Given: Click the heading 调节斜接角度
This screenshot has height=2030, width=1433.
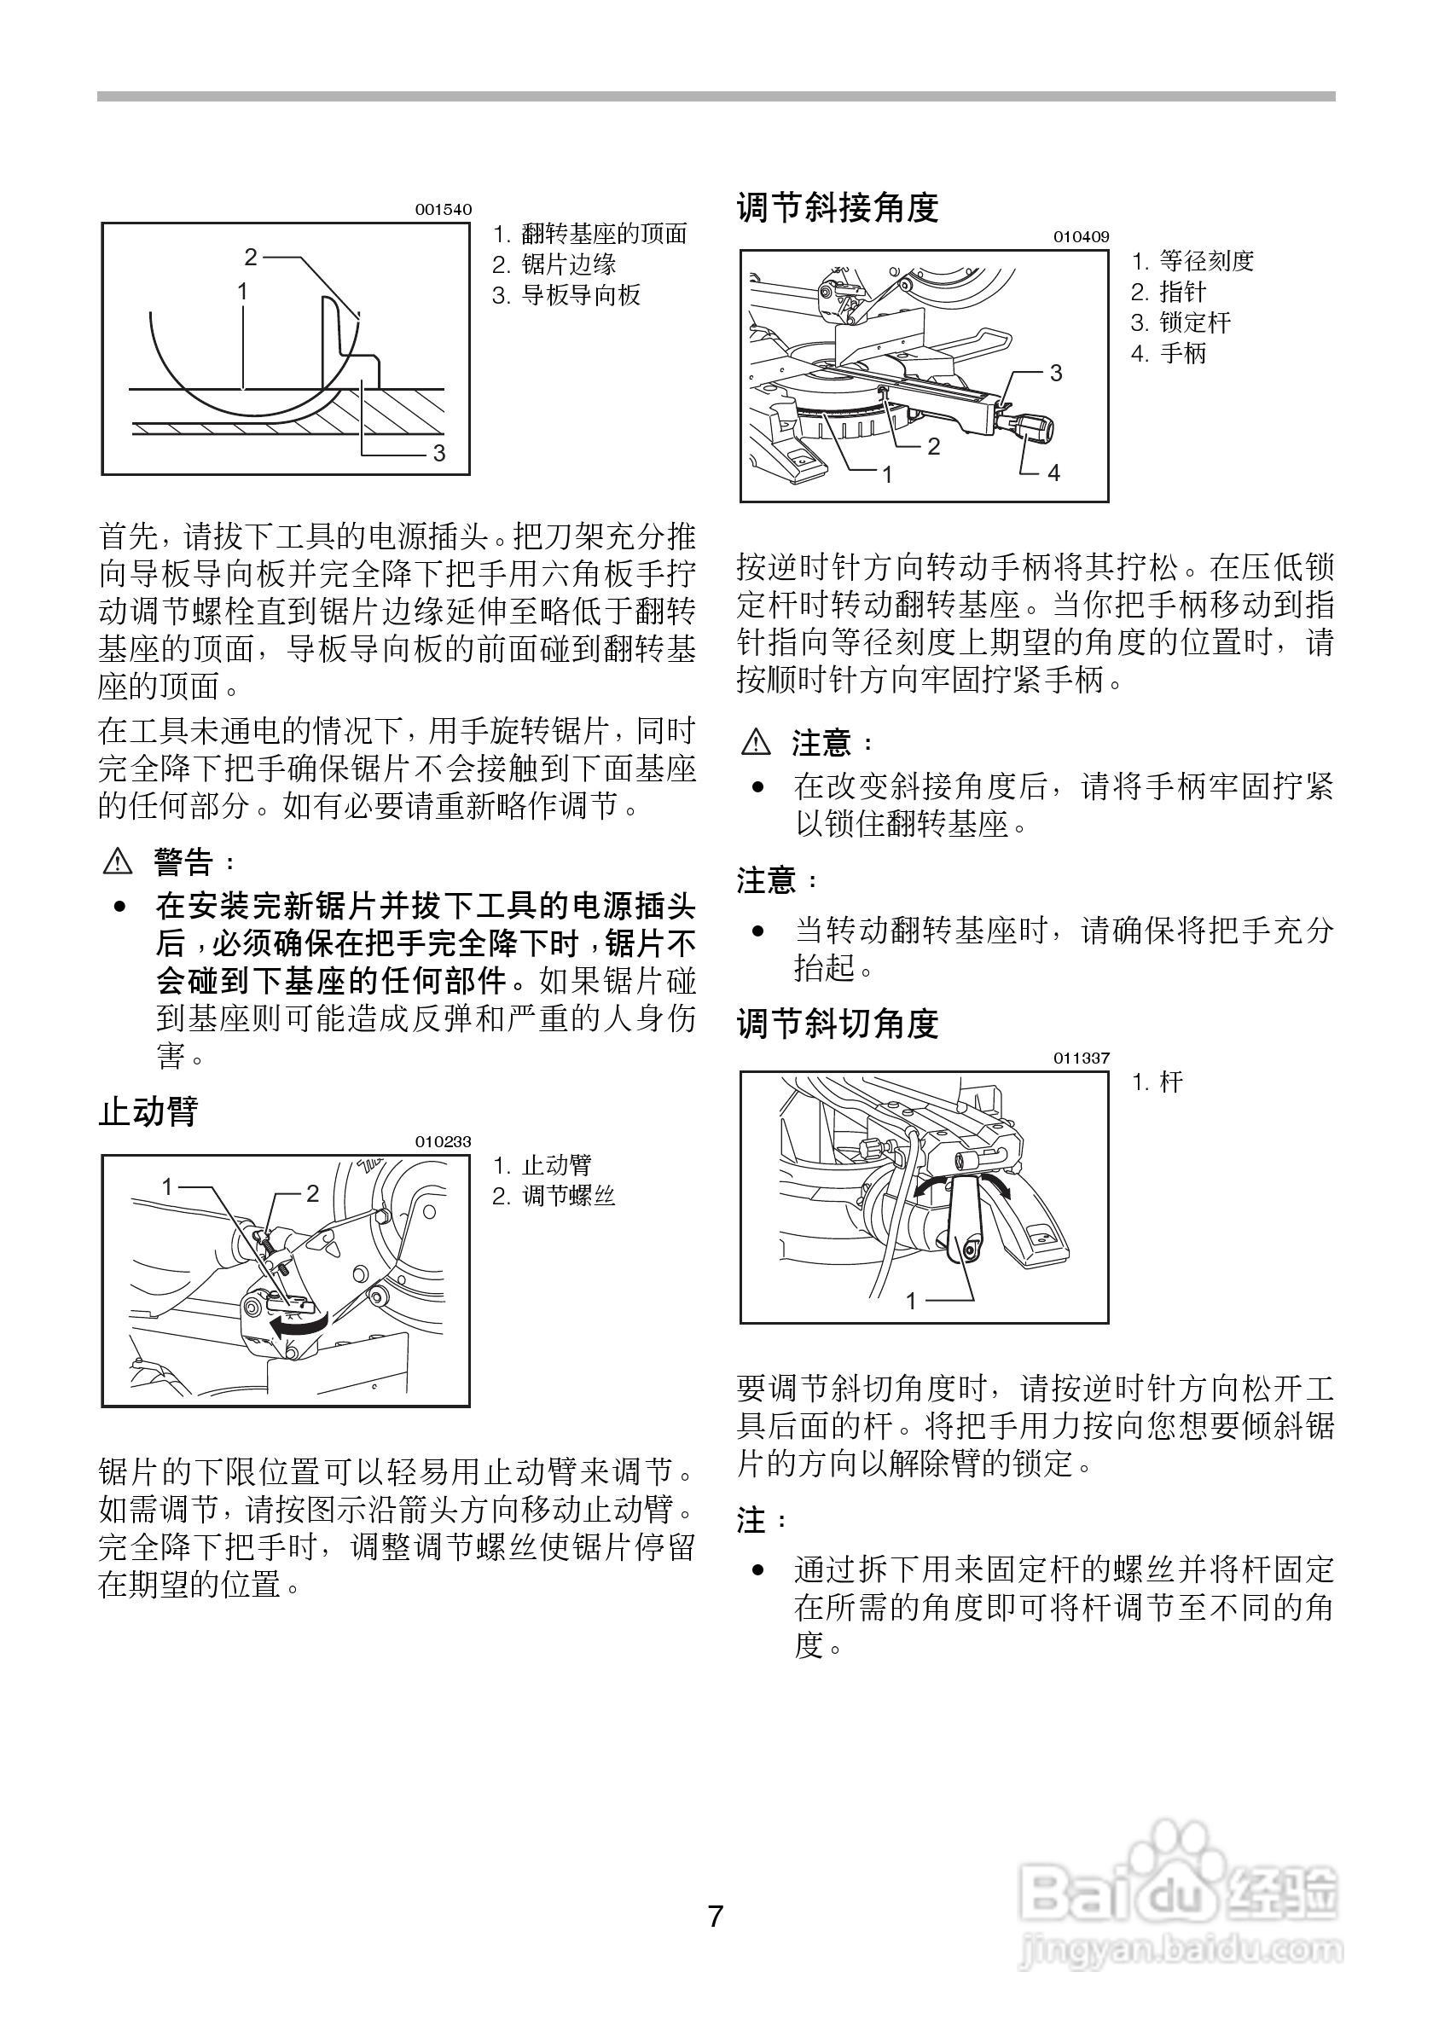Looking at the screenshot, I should [836, 208].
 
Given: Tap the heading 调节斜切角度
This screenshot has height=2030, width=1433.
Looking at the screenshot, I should [836, 1024].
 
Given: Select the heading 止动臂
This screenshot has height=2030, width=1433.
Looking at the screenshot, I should [148, 1111].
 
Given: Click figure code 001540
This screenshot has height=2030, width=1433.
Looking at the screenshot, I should [443, 211].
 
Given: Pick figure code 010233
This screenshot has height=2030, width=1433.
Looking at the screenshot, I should [443, 1141].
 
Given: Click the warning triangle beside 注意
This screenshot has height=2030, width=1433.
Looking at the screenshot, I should [756, 743].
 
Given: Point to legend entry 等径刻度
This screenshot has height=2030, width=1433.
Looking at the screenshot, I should [1206, 261].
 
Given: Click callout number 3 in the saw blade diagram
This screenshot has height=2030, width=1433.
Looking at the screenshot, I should [438, 454].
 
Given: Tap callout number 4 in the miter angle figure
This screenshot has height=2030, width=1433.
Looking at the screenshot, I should [1053, 473].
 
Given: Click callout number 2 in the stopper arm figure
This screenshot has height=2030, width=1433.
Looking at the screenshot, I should [312, 1193].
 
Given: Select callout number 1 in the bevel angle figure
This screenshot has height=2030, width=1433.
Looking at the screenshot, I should [912, 1300].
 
